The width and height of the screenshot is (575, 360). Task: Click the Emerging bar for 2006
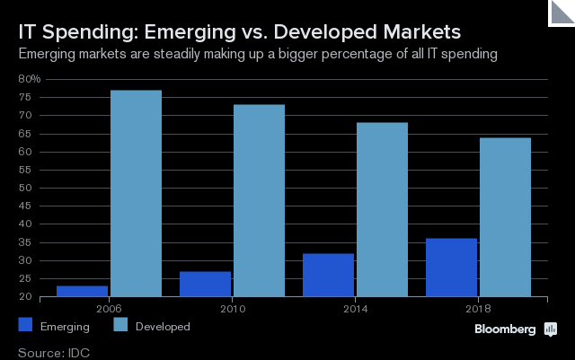coord(82,291)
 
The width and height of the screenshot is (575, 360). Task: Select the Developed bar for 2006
coord(136,193)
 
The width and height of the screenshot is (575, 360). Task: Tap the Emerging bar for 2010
coord(205,284)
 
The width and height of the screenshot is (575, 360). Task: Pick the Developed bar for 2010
coord(259,200)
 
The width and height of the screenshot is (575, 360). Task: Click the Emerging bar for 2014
coord(328,275)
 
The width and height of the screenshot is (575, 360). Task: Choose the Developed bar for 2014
coord(382,209)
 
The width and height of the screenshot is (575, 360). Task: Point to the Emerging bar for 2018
coord(451,268)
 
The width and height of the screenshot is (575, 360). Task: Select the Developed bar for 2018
coord(505,216)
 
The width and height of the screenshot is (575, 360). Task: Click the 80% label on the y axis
coord(30,79)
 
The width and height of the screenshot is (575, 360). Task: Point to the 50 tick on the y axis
coord(25,189)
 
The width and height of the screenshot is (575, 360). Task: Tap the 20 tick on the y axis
coord(25,297)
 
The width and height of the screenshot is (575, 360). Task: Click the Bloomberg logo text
coord(505,329)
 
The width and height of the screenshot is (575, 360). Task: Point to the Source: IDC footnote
coord(54,351)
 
